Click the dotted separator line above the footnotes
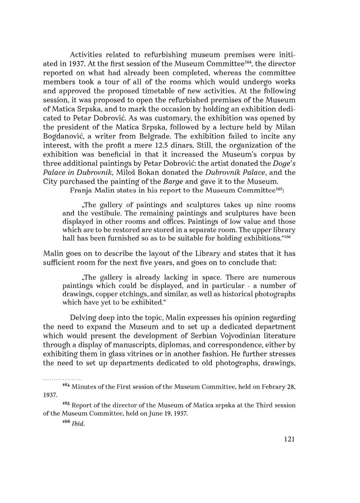click(62, 380)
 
